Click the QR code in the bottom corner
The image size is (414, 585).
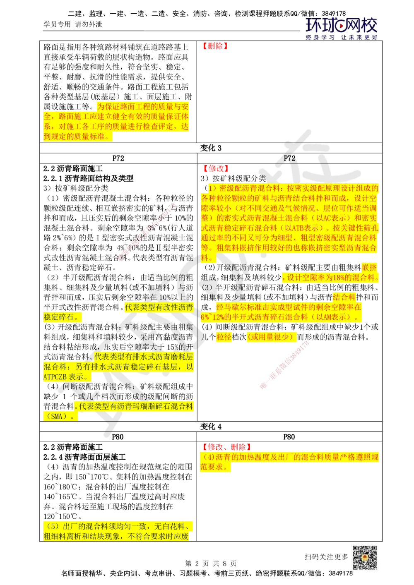pyautogui.click(x=364, y=557)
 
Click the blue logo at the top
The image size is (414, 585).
pyautogui.click(x=341, y=28)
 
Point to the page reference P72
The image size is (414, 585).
pyautogui.click(x=289, y=158)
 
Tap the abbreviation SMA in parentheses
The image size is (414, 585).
pyautogui.click(x=56, y=417)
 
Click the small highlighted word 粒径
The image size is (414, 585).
pyautogui.click(x=224, y=337)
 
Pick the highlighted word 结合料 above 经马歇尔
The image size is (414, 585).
pyautogui.click(x=344, y=297)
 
